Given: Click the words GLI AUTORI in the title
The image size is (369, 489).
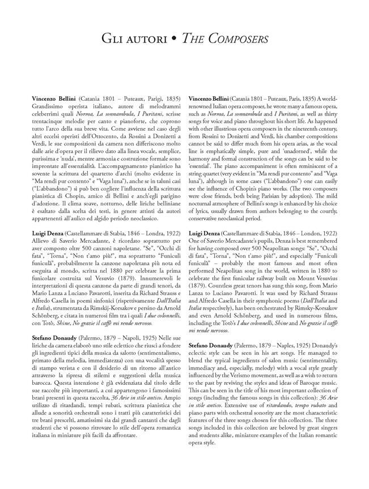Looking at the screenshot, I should click(x=134, y=39).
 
